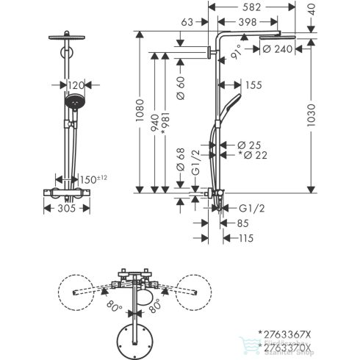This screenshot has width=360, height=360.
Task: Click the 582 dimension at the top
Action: (249, 7)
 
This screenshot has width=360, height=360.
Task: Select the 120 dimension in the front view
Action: (76, 85)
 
